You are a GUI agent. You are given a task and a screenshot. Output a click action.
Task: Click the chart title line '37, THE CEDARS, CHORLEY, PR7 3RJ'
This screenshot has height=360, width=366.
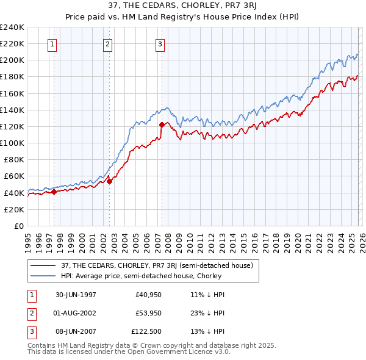click(183, 6)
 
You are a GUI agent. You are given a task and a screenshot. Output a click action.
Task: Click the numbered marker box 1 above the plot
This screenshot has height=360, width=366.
click(52, 43)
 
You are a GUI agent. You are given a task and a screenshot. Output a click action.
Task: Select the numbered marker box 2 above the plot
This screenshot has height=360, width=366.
click(107, 43)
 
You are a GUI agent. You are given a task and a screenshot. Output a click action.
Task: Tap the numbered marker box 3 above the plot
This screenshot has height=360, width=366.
click(160, 43)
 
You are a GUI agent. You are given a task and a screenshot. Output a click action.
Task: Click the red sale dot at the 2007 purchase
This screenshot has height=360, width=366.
click(162, 124)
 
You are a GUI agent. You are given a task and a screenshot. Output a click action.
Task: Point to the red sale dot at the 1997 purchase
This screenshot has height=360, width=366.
click(54, 192)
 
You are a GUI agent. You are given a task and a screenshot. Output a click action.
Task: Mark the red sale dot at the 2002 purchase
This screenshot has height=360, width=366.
click(110, 181)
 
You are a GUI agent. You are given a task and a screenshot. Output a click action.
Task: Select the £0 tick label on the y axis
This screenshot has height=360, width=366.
click(18, 226)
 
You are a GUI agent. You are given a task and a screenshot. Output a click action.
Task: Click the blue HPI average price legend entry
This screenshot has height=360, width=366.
click(141, 276)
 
